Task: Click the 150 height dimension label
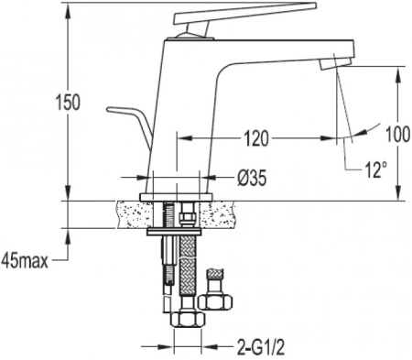click(x=68, y=103)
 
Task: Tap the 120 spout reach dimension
click(x=256, y=139)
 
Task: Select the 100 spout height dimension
click(x=398, y=135)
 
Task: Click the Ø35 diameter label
click(x=252, y=178)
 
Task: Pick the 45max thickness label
click(x=25, y=261)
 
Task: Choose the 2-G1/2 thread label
click(x=261, y=346)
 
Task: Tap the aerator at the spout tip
click(x=335, y=63)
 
